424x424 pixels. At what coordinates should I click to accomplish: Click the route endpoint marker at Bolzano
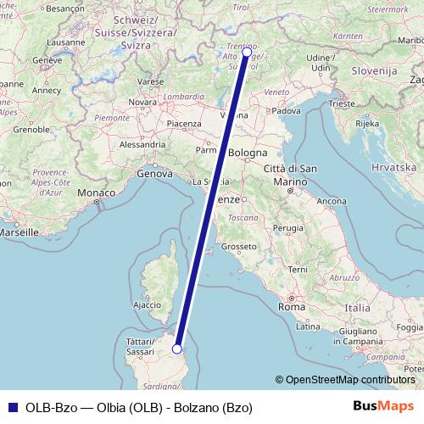[x=247, y=52]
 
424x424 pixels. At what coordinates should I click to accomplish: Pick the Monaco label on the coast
[x=95, y=193]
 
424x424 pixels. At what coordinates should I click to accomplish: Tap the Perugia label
[x=288, y=227]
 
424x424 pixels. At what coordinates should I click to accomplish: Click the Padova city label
[x=287, y=110]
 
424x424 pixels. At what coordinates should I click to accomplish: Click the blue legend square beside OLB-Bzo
[x=13, y=407]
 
